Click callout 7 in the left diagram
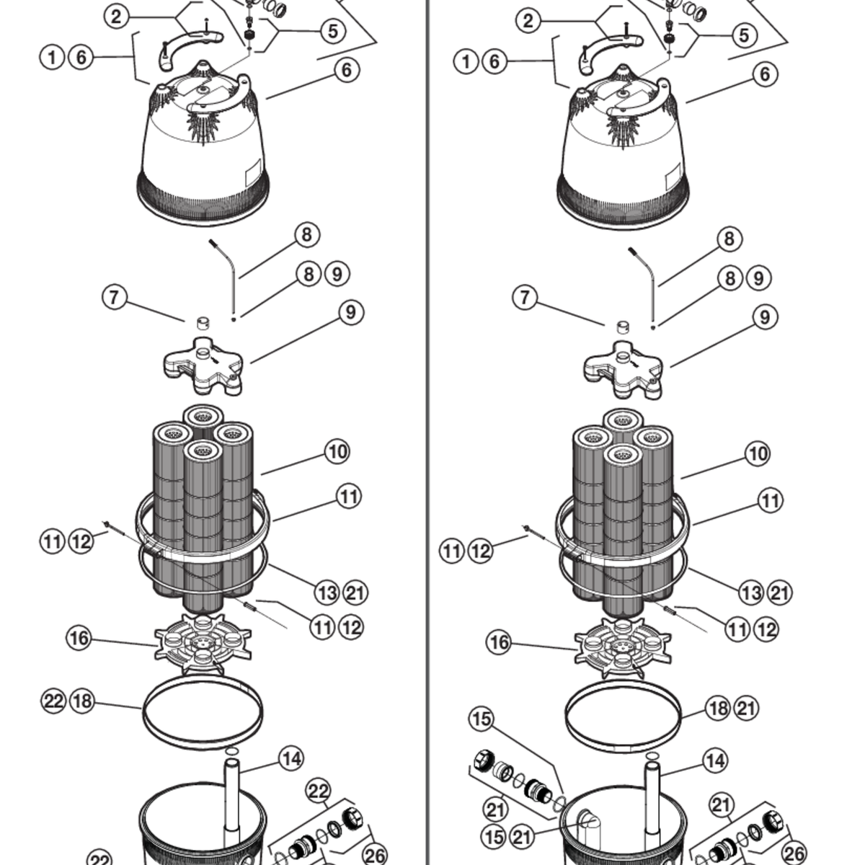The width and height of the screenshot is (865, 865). (x=114, y=297)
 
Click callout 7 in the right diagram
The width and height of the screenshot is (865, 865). (x=525, y=297)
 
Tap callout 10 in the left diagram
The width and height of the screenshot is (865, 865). (x=337, y=452)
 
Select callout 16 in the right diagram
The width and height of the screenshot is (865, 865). (x=499, y=642)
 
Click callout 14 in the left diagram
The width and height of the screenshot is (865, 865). (x=291, y=758)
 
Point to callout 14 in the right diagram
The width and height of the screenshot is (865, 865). (x=714, y=760)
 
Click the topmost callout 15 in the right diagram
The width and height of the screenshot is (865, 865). (x=482, y=719)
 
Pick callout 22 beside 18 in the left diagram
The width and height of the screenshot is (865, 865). (x=53, y=701)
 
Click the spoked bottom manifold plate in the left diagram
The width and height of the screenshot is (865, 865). (x=203, y=642)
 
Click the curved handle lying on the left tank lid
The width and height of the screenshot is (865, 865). (x=189, y=47)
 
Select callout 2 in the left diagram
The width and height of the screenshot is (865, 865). (x=117, y=16)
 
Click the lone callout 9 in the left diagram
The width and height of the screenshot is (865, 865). (x=350, y=312)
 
